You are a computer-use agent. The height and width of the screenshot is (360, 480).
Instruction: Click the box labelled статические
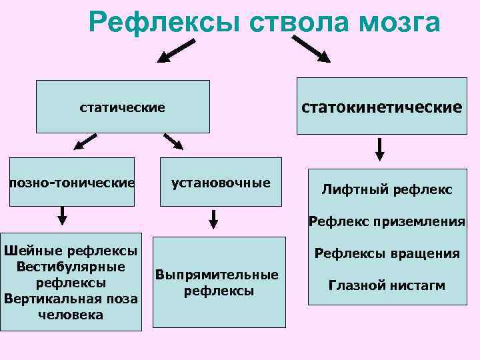click(123, 107)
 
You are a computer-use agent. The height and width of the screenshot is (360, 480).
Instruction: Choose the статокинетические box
click(382, 107)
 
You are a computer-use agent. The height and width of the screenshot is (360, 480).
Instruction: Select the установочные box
click(221, 182)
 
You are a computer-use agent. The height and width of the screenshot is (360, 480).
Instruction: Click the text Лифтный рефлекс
click(387, 190)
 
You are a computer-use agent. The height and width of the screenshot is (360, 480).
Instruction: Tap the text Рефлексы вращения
click(387, 253)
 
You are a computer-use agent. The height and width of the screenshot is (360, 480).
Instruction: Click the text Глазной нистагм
click(387, 286)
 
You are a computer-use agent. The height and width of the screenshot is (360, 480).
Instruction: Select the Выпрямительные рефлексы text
click(217, 283)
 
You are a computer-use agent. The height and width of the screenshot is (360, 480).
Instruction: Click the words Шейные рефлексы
click(71, 251)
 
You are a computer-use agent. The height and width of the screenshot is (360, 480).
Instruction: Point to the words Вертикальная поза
click(71, 298)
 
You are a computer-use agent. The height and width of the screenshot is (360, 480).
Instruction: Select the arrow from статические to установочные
click(174, 141)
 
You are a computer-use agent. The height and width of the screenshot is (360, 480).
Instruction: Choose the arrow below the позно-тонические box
click(62, 215)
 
